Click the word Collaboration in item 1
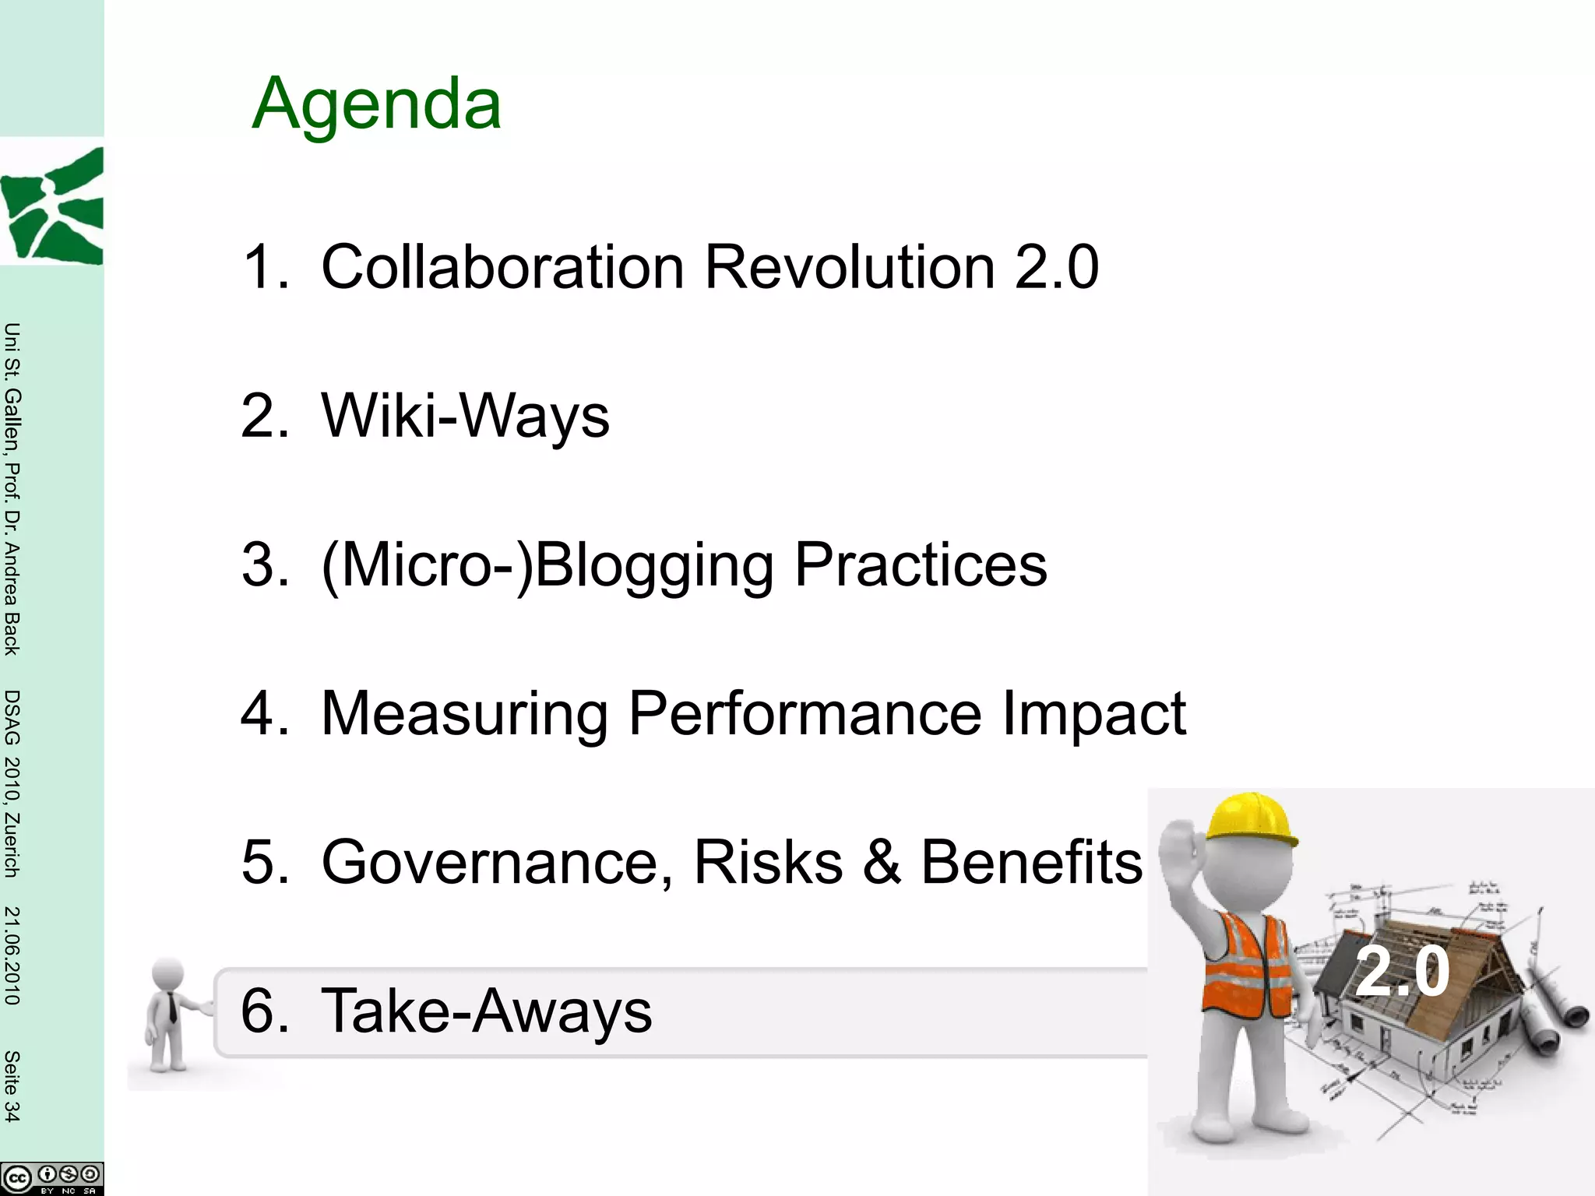click(x=502, y=267)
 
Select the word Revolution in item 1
click(x=850, y=267)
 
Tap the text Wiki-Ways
click(x=465, y=416)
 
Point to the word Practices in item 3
click(x=921, y=565)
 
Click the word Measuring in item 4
click(x=464, y=713)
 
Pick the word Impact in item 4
click(x=1093, y=713)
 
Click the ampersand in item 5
click(x=882, y=862)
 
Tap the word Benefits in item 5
click(x=1032, y=862)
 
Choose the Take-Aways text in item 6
click(x=486, y=1011)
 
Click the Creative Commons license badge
click(x=51, y=1177)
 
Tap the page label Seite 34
click(x=12, y=1085)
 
